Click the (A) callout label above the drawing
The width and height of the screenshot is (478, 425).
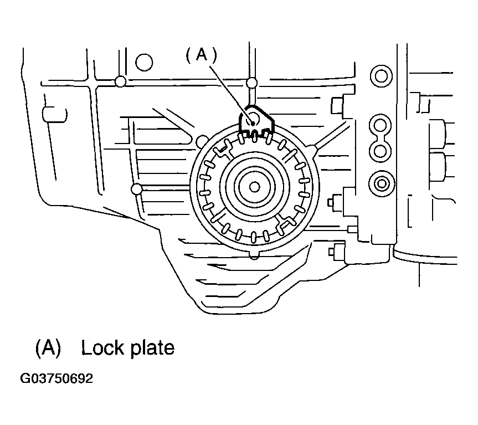200,54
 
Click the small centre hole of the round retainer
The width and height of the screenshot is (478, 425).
254,187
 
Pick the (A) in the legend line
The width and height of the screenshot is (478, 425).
47,347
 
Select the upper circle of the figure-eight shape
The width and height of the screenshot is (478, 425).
381,122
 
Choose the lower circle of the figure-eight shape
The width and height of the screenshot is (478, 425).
381,150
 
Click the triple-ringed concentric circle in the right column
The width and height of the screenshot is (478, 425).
381,183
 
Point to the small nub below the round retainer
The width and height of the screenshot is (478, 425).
254,254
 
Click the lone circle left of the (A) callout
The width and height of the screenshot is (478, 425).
144,63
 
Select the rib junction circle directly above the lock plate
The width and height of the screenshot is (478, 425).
251,84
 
